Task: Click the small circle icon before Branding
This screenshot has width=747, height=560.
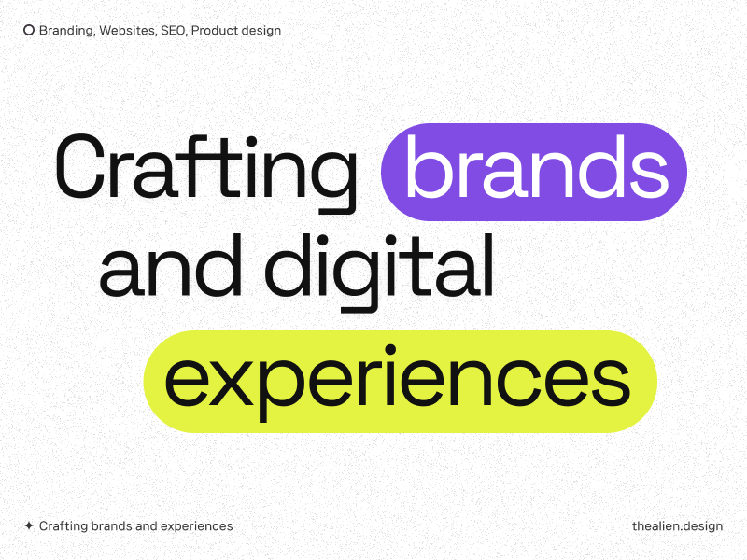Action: [29, 30]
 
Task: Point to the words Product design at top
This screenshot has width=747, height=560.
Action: [236, 30]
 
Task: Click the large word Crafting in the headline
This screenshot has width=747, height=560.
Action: [206, 168]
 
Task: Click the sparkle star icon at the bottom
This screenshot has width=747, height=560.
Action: [29, 526]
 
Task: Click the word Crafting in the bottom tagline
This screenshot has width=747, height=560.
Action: [63, 526]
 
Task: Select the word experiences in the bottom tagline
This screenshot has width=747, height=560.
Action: [197, 526]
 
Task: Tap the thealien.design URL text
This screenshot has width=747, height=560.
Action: [677, 526]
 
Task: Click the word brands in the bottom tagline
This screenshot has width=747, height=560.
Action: [111, 526]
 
